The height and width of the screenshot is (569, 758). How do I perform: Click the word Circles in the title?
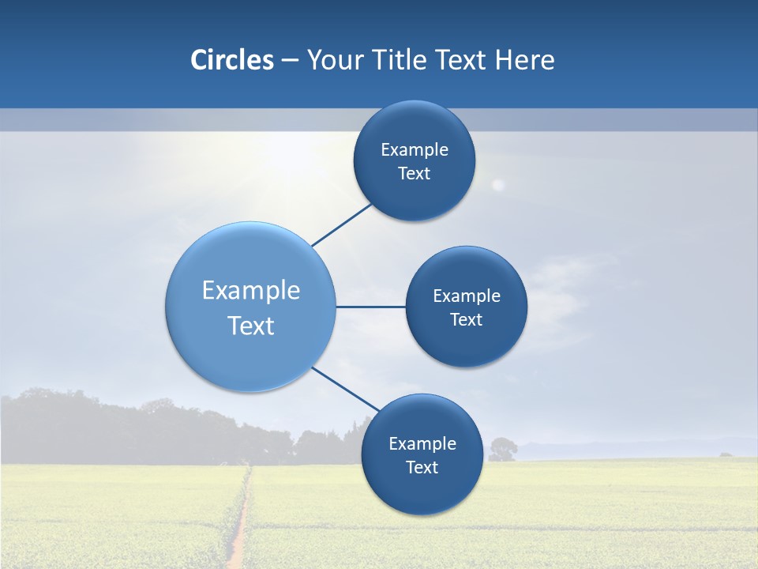(231, 60)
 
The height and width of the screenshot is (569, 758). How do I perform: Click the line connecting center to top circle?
(342, 224)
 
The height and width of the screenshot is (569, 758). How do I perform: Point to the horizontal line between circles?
(370, 307)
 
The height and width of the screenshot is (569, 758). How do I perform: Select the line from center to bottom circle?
(345, 389)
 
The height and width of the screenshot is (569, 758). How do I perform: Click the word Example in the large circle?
(251, 291)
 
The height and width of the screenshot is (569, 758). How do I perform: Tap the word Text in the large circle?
(251, 326)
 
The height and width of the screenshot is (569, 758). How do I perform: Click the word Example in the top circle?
(415, 150)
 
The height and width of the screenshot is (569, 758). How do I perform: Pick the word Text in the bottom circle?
(422, 468)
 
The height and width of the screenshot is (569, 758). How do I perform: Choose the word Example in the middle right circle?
(467, 296)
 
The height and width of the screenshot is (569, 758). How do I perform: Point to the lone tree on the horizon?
(502, 449)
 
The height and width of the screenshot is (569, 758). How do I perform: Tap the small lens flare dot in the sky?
(497, 185)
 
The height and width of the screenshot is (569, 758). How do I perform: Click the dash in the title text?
(290, 61)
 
